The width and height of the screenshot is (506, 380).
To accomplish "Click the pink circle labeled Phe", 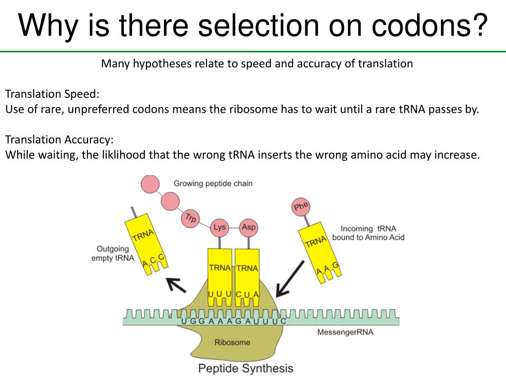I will pyautogui.click(x=301, y=207).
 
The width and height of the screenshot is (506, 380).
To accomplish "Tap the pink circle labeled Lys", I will pyautogui.click(x=219, y=228).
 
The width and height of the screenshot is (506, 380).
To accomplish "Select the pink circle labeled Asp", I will pyautogui.click(x=248, y=228).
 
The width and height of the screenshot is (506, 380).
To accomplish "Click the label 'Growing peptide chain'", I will pyautogui.click(x=213, y=184).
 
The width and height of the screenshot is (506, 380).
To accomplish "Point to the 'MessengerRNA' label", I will pyautogui.click(x=345, y=332).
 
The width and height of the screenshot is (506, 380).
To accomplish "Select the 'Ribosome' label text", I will pyautogui.click(x=232, y=342).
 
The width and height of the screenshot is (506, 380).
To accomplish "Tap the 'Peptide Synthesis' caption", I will pyautogui.click(x=246, y=368).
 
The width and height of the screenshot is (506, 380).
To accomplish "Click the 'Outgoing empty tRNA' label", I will pyautogui.click(x=113, y=253).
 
